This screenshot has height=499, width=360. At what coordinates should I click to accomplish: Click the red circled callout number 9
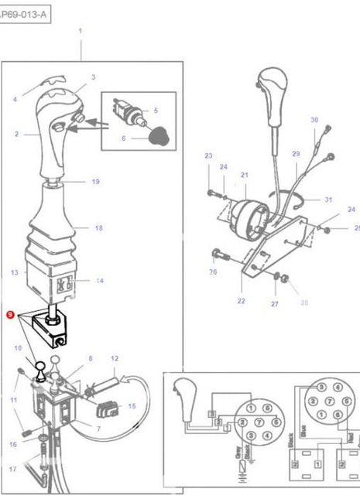click(9, 315)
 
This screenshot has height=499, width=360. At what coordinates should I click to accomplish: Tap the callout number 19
click(95, 182)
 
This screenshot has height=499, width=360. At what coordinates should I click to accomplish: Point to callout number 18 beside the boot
click(98, 228)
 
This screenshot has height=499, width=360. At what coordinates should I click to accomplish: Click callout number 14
click(99, 281)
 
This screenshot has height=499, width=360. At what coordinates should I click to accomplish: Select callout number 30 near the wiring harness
click(314, 120)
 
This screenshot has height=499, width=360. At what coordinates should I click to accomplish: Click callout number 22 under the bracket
click(241, 301)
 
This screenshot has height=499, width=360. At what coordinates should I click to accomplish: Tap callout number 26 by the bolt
click(213, 272)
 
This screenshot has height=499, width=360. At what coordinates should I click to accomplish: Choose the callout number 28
click(304, 302)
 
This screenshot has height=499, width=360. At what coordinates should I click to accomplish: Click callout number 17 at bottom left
click(12, 470)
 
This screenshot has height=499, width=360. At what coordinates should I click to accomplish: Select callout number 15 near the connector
click(132, 405)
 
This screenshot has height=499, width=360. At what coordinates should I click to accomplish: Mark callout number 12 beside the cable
click(114, 358)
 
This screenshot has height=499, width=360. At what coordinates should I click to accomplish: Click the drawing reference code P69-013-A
click(26, 14)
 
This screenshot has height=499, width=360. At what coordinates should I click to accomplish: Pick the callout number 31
click(327, 200)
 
